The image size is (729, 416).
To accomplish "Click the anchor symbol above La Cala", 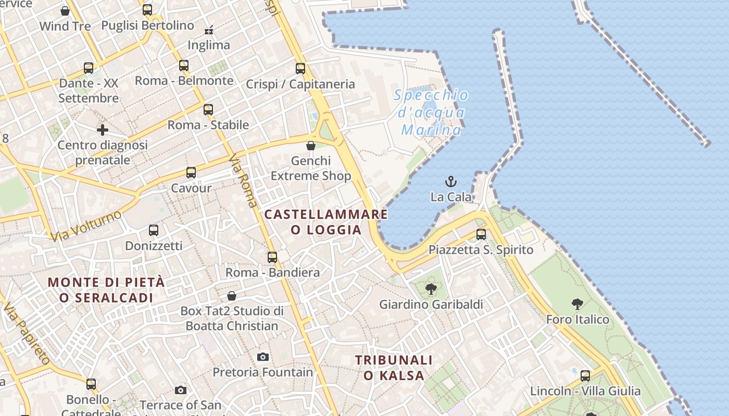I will tap(451, 181).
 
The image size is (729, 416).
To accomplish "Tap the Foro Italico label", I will tap(577, 319).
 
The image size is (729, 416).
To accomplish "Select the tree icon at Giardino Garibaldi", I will tap(431, 289).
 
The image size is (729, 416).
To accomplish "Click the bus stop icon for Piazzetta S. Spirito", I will tap(481, 235).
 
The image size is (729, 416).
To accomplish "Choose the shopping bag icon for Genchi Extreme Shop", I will tap(311, 146).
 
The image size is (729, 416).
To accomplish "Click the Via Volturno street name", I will tap(86, 226).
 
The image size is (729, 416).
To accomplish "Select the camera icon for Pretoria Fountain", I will tap(263, 357).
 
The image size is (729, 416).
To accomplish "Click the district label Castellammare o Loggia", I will tap(326, 222).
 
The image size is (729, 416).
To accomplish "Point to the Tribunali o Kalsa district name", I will tap(394, 367).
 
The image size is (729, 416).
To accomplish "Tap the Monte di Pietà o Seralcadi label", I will tap(106, 290).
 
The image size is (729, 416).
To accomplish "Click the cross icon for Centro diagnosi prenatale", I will tap(103, 129).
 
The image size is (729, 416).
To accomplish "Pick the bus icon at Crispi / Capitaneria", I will tap(300, 68).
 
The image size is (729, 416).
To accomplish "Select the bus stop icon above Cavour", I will tap(191, 173).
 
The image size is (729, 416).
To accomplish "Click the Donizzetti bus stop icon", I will tap(154, 230).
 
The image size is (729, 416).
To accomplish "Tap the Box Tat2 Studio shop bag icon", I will tap(232, 296).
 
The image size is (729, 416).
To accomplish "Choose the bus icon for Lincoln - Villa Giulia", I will tap(585, 375).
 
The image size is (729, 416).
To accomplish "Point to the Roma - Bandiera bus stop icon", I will tap(272, 257).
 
